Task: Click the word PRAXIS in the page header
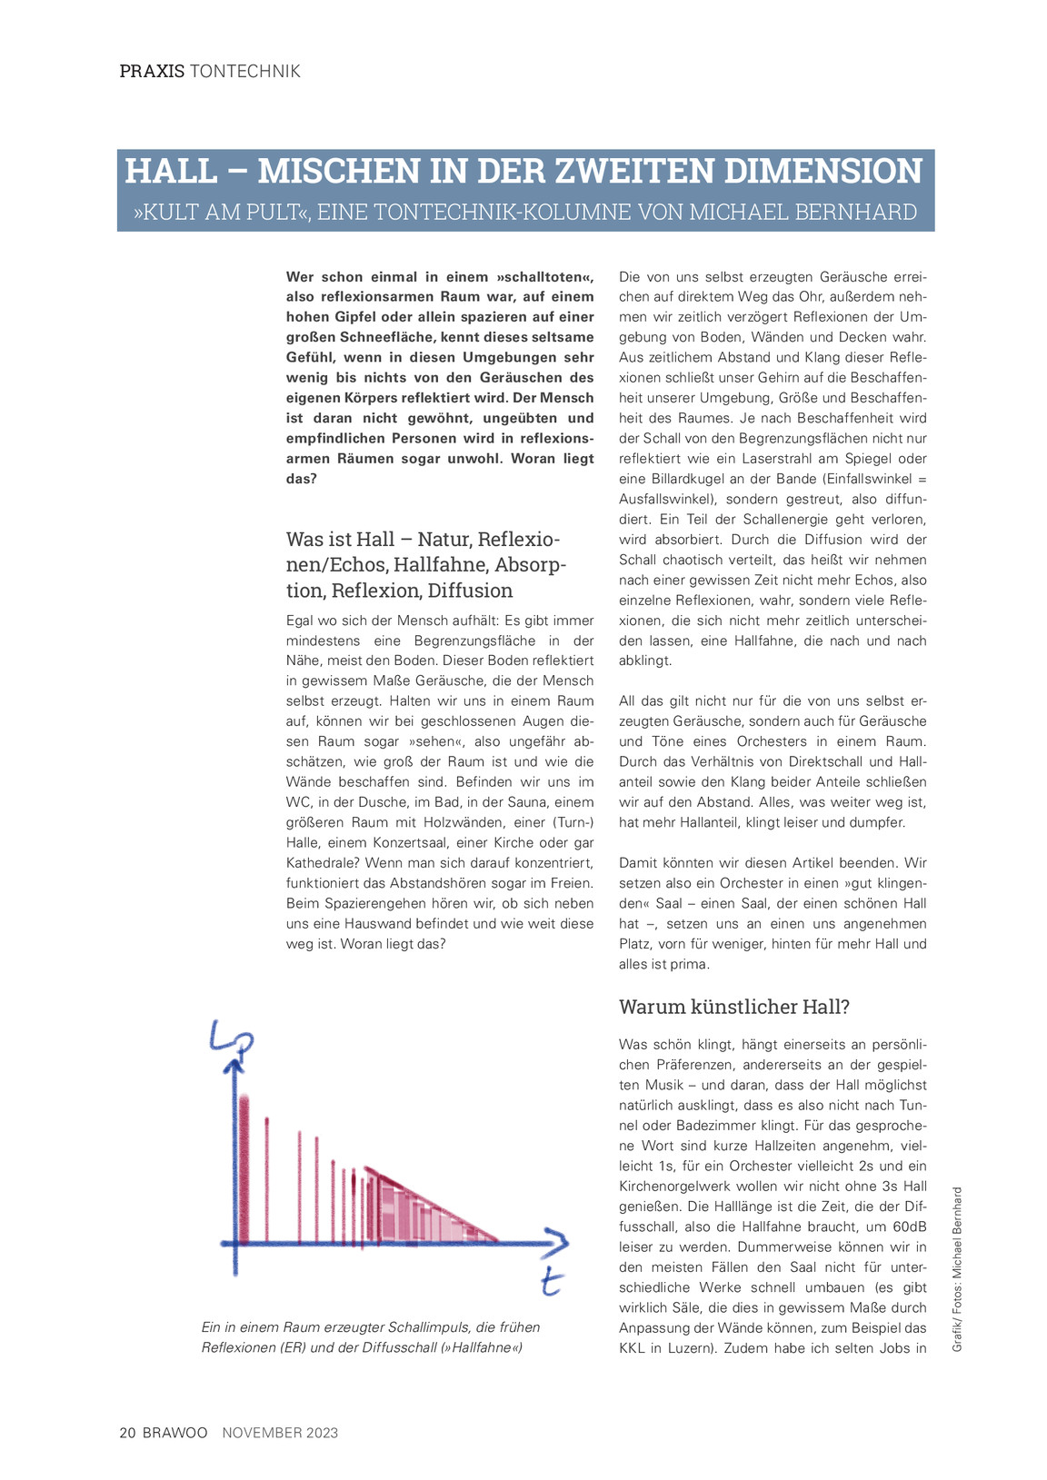[152, 71]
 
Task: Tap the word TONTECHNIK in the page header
[245, 71]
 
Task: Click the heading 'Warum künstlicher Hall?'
[733, 1007]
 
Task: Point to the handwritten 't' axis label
[551, 1281]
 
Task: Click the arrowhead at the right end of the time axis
[556, 1241]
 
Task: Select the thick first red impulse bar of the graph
[244, 1167]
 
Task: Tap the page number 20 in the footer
[128, 1433]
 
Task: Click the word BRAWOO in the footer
[175, 1433]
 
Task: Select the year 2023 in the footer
[322, 1433]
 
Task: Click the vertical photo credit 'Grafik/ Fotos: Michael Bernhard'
[957, 1268]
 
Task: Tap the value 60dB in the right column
[907, 1227]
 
